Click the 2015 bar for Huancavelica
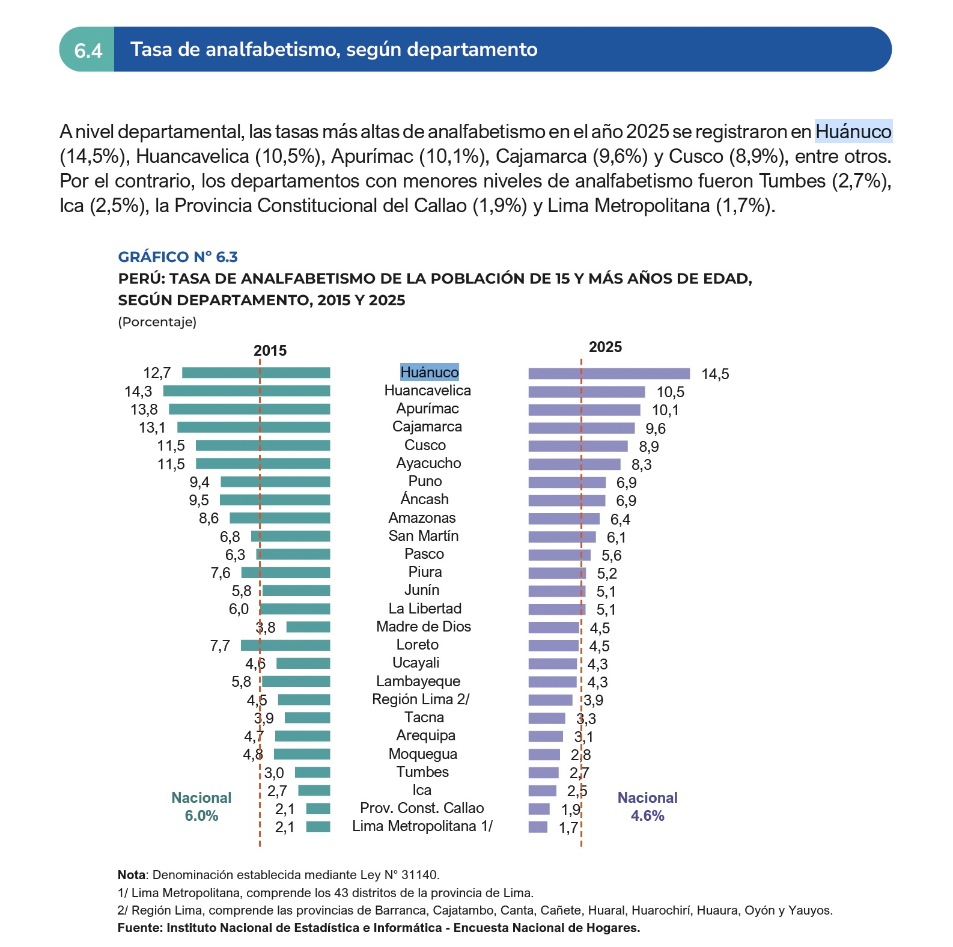coord(246,391)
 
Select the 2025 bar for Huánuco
coord(609,374)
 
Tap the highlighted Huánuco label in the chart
coord(430,372)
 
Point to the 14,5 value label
coord(715,374)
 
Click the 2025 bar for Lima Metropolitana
coord(538,827)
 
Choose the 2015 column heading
coord(270,351)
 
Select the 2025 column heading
coord(605,347)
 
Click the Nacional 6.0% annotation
coord(201,806)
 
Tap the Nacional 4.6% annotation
coord(647,806)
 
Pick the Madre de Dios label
coord(424,627)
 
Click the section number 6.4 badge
coord(88,49)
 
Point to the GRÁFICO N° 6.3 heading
coord(178,257)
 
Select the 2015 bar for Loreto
coord(285,645)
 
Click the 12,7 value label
coord(157,373)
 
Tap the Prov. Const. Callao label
coord(422,808)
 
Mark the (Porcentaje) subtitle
coord(157,322)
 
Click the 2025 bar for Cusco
coord(578,446)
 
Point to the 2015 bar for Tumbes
coord(312,773)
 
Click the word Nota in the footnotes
coord(132,875)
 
